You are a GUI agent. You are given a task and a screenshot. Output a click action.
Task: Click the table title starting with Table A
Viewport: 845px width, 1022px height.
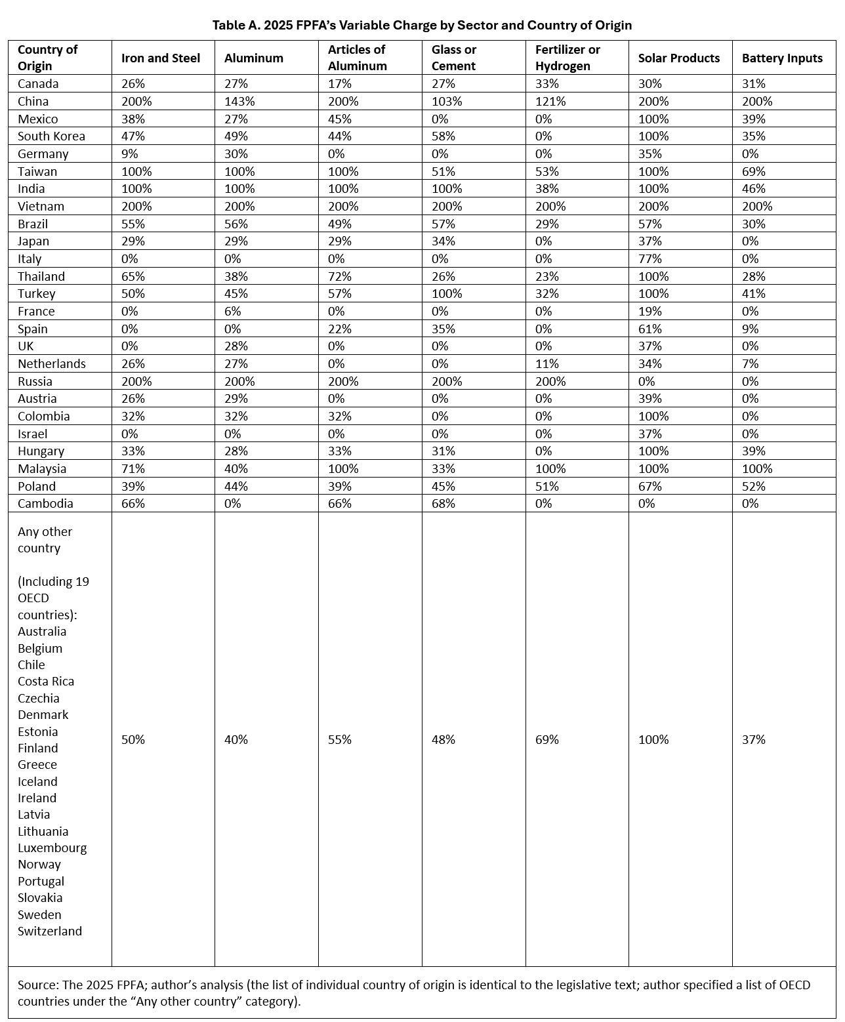422,26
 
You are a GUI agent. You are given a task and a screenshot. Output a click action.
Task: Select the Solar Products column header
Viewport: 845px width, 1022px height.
678,58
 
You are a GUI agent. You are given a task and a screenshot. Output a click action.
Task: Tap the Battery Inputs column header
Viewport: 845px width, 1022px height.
781,58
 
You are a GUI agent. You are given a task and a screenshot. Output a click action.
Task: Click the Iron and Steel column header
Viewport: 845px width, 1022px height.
161,58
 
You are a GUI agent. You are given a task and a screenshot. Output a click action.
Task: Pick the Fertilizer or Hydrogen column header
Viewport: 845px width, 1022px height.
567,58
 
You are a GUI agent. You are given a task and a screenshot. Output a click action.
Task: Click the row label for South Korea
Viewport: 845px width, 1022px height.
51,136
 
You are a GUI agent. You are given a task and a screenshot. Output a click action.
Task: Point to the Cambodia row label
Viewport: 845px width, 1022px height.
45,504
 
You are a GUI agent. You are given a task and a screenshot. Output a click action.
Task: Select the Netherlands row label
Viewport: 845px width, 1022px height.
52,364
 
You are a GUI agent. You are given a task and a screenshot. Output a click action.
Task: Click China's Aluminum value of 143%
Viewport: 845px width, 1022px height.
239,102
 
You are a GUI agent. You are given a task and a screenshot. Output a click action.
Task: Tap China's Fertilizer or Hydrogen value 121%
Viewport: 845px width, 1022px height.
550,102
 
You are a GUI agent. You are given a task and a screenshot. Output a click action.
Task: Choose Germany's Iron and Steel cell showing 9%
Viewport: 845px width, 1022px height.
130,154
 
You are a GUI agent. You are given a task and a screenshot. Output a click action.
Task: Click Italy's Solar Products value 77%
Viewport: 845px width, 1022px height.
650,259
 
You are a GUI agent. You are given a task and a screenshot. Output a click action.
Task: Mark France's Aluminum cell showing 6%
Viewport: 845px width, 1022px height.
233,312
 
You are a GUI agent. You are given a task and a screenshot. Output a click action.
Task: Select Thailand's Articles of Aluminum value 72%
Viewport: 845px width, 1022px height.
339,277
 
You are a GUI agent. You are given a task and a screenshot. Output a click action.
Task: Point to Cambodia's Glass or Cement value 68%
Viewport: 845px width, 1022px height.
443,504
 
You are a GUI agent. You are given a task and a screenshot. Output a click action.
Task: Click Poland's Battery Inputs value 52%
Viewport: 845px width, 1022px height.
754,487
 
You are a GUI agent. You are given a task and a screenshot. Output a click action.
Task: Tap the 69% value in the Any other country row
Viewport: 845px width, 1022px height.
547,740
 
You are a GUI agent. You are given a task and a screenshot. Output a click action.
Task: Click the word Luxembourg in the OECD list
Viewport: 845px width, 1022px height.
52,848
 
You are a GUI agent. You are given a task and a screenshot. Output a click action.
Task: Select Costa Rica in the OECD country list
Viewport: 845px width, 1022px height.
46,682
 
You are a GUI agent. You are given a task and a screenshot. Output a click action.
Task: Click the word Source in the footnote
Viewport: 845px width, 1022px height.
37,985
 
